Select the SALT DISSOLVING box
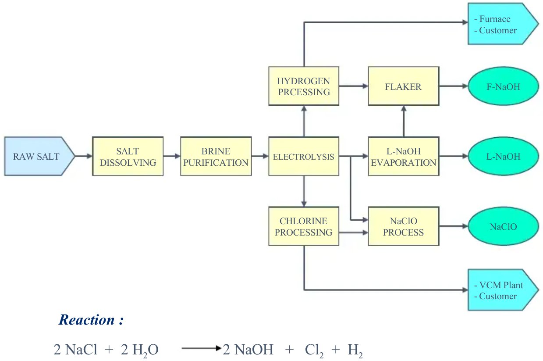128,157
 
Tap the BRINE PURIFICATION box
216,157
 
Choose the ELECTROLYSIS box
303,157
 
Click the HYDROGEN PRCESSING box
303,86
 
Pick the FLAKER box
403,86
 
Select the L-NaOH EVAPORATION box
403,157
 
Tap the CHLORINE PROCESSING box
303,226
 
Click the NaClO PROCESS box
403,226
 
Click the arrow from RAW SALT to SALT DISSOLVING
84,156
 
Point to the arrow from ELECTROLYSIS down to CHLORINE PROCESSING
303,191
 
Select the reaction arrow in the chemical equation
200,349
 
